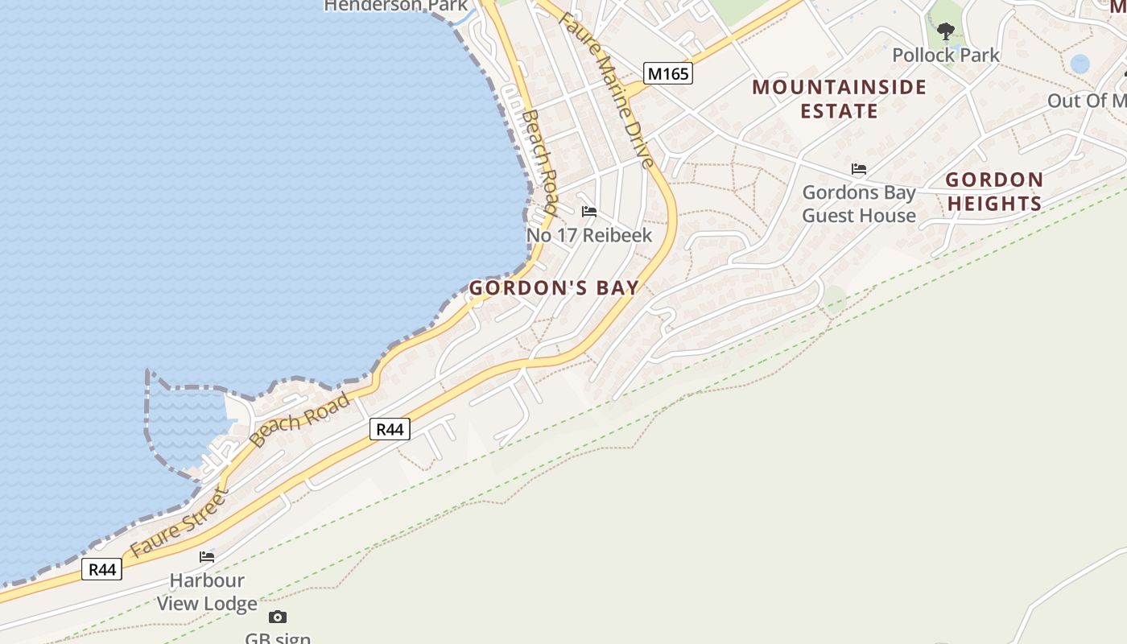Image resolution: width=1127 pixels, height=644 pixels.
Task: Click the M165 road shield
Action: (668, 74)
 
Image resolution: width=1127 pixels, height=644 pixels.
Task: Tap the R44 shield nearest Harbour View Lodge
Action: (103, 570)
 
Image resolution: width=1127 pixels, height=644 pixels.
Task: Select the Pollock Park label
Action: (946, 56)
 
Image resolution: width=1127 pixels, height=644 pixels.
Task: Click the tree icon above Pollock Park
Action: (946, 31)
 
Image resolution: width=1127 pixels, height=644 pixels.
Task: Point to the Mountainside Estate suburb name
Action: (840, 98)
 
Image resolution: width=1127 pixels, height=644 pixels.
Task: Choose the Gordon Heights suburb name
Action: (994, 192)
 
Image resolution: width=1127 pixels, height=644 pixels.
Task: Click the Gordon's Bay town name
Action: (554, 288)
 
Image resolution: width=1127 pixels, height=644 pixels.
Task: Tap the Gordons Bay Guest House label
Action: (859, 204)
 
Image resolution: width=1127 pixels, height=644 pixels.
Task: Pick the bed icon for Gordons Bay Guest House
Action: (859, 169)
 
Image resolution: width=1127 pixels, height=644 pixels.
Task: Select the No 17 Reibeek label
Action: (588, 236)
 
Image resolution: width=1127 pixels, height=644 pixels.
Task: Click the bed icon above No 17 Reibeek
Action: (589, 212)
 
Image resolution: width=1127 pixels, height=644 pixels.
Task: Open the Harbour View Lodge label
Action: (207, 592)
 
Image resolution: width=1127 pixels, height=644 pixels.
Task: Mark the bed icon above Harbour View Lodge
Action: (207, 556)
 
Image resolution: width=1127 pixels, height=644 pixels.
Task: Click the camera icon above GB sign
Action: (278, 617)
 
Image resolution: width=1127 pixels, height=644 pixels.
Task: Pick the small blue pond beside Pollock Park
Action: (1080, 64)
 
